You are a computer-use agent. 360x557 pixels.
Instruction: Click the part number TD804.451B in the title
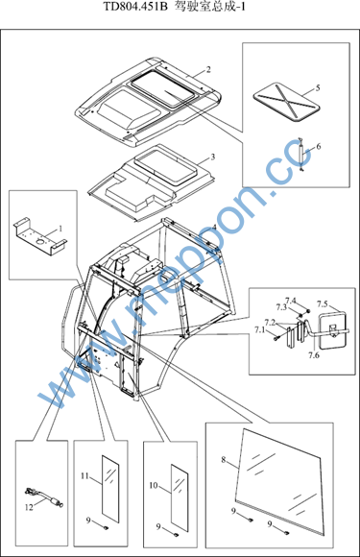coord(135,7)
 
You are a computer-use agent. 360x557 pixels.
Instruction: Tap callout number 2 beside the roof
coord(208,69)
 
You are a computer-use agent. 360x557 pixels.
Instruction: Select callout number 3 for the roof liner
coord(213,157)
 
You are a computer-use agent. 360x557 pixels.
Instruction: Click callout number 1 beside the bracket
coord(60,229)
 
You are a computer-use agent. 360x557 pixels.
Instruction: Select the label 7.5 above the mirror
coord(323,304)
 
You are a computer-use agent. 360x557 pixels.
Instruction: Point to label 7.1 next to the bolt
coord(259,330)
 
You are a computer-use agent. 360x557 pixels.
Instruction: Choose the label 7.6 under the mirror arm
coord(314,355)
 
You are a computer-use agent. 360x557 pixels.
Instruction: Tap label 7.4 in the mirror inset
coord(291,301)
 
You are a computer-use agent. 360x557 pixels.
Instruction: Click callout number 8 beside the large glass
coord(224,460)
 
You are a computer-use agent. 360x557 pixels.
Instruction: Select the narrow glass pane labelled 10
coord(180,498)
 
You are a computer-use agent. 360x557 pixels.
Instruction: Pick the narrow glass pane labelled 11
coord(110,489)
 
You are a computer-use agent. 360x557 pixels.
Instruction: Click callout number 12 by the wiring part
coord(29,507)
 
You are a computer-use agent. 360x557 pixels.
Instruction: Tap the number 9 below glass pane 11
coord(88,521)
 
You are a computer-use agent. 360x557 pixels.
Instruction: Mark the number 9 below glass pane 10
coord(158,527)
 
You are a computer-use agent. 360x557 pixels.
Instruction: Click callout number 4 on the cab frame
coord(214,227)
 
